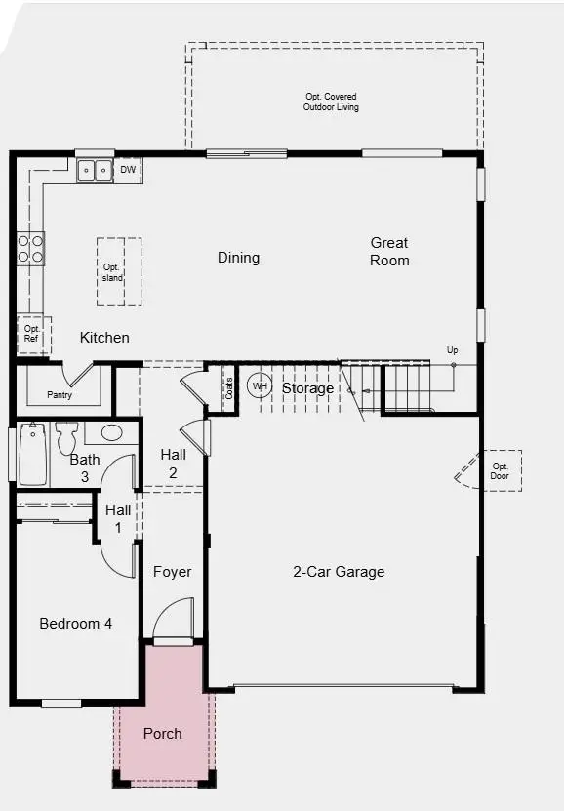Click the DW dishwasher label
coord(128,170)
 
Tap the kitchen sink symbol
coord(95,171)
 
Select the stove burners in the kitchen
coord(31,248)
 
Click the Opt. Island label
coord(111,272)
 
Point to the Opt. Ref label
coord(31,334)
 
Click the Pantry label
coord(60,395)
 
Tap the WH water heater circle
coord(260,386)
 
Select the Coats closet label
coord(229,388)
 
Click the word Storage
coord(307,388)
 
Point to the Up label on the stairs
coord(452,350)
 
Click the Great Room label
coord(389,252)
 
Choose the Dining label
coord(238,258)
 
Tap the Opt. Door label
coord(501,471)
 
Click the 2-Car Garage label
coord(339,572)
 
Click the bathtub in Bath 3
coord(32,454)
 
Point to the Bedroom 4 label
coord(75,623)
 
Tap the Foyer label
coord(173,572)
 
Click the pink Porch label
coord(163,733)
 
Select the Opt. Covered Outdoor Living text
coord(330,101)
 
